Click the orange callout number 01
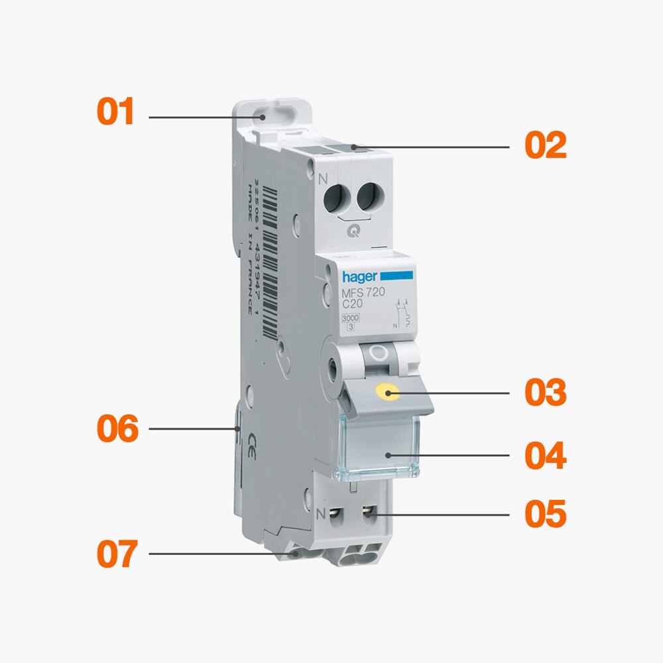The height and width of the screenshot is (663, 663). (x=116, y=111)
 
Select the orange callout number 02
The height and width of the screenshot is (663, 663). (x=546, y=145)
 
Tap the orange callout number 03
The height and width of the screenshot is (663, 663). (x=546, y=393)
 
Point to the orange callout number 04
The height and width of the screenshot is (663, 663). (x=546, y=456)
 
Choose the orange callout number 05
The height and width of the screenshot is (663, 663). (x=546, y=514)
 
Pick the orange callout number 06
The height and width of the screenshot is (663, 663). (x=117, y=429)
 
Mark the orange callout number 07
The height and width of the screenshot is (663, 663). (x=117, y=554)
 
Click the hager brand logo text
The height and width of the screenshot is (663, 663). (x=360, y=276)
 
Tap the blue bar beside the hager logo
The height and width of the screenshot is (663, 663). (x=396, y=274)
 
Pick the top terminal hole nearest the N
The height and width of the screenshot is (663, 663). (x=335, y=196)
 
